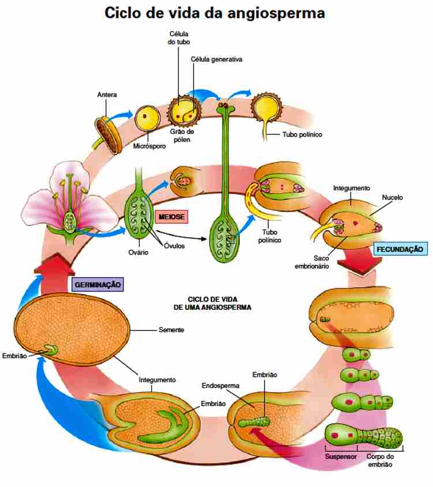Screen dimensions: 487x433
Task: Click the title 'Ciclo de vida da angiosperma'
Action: coord(215,13)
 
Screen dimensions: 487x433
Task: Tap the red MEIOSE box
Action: coord(171,216)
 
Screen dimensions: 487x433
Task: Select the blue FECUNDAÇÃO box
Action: coord(401,249)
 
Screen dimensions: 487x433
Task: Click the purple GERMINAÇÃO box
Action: coord(98,284)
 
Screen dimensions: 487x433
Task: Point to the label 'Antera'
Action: coord(107,94)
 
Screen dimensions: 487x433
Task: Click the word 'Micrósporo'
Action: coord(151,146)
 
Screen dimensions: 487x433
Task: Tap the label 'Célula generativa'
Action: coord(216,59)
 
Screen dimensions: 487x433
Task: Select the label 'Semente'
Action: coord(171,330)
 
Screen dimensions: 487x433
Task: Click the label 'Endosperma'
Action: coord(217,385)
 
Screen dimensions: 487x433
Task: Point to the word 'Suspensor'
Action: coord(340,455)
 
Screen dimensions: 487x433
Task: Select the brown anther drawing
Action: coord(109,130)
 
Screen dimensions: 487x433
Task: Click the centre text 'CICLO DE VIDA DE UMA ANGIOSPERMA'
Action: coord(212,304)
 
